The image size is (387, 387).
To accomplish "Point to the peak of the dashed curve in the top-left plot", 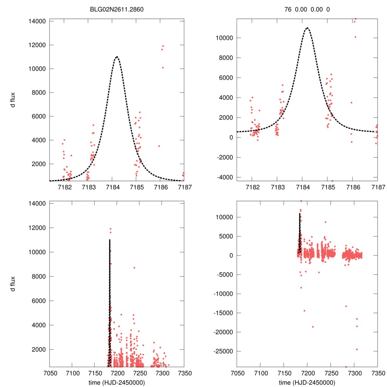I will (117, 57).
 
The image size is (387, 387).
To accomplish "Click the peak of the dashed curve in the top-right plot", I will (307, 28).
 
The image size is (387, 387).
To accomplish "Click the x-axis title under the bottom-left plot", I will (117, 382).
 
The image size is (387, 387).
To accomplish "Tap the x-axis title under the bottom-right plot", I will (307, 382).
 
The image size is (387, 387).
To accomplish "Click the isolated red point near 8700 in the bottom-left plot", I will (134, 268).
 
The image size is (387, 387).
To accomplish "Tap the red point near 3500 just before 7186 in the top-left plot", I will (159, 146).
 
